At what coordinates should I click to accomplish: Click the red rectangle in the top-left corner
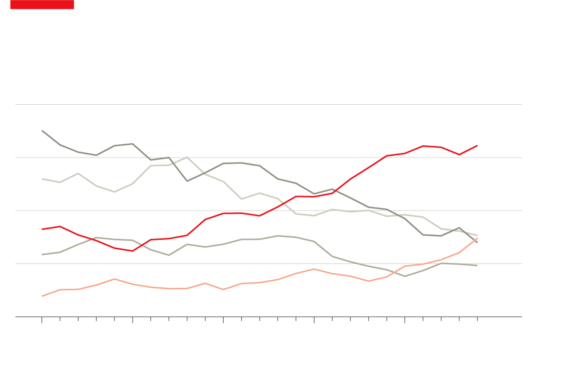pos(42,4)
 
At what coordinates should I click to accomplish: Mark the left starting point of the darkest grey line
pos(42,131)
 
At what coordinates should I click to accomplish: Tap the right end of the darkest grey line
pos(477,242)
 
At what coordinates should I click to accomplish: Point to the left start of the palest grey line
pos(42,179)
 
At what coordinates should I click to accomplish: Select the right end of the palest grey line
pos(477,235)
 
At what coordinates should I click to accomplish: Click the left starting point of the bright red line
pos(42,229)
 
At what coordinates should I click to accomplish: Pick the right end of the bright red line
pos(477,146)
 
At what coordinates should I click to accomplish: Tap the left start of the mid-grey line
pos(42,255)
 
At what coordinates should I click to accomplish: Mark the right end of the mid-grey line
pos(477,265)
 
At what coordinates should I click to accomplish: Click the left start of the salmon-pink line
pos(42,296)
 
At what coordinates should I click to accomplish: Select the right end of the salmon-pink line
pos(477,238)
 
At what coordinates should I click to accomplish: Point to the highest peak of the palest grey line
pos(187,157)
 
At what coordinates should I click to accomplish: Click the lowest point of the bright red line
pos(133,251)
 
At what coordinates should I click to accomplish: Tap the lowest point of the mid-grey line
pos(405,276)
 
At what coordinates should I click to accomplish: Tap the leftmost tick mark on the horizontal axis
pos(42,320)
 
